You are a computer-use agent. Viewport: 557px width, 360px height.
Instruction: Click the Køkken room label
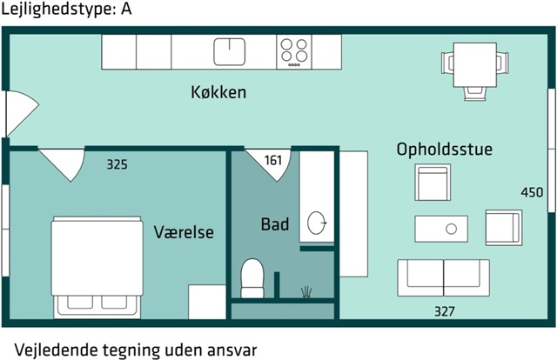coord(218,92)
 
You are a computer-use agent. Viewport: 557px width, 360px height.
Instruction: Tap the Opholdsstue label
coord(444,150)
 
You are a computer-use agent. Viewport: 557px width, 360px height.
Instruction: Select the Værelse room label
coord(184,232)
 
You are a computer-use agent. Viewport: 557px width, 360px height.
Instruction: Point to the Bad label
coord(275,224)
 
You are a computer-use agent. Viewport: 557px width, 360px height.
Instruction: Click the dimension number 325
coord(117,163)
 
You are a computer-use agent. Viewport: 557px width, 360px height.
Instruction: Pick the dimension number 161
coord(273,161)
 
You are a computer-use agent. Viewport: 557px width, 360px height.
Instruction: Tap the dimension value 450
coord(532,192)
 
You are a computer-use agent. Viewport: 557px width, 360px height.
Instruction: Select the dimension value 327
coord(444,310)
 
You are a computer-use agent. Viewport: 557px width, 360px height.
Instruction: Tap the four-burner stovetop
coord(294,51)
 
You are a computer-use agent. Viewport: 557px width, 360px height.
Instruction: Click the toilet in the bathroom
coord(252,277)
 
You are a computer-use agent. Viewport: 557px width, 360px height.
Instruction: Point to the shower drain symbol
coord(305,290)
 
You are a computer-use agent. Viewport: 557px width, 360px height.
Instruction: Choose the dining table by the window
coord(474,63)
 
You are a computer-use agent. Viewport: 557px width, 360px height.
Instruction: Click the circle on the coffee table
coord(451,230)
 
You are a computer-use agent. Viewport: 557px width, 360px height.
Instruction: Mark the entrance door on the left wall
coord(17,113)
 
